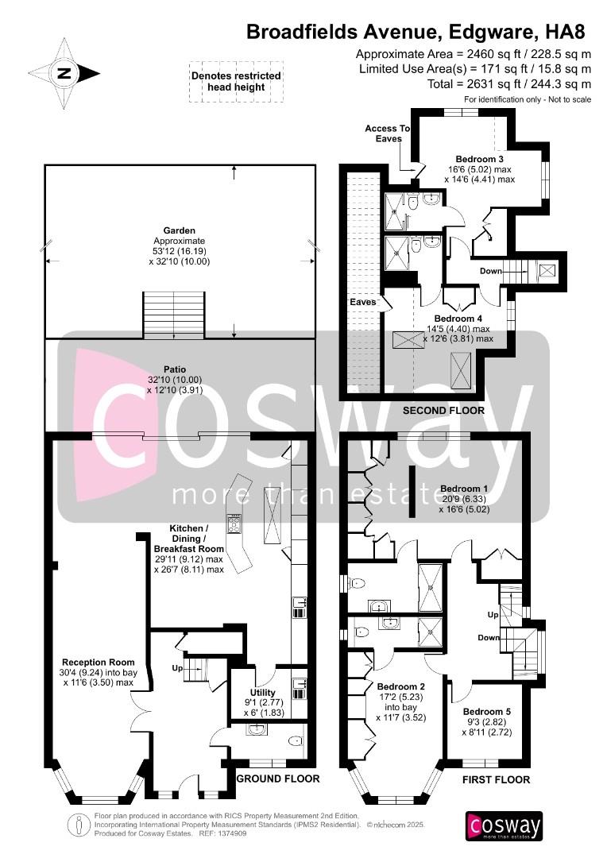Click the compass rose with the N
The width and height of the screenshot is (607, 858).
coord(64,74)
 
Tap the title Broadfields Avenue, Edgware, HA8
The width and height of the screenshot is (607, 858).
coord(416,33)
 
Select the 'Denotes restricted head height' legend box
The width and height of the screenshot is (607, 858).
coord(236,82)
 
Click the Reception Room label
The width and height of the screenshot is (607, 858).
coord(99,662)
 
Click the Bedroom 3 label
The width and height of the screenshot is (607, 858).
coord(480,159)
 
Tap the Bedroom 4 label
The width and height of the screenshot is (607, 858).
coord(457,318)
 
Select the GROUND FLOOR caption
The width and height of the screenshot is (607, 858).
coord(278,779)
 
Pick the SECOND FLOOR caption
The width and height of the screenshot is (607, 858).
coord(443,411)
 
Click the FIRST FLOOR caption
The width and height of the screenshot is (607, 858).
coord(496,780)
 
